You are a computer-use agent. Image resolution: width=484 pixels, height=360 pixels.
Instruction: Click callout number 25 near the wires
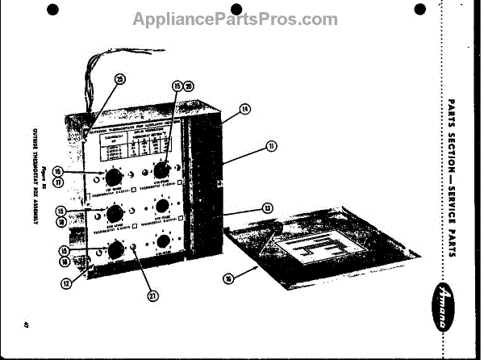[119, 79]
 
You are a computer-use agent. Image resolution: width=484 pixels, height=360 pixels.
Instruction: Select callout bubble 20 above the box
[189, 86]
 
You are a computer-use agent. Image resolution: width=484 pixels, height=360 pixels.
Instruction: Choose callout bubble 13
[265, 208]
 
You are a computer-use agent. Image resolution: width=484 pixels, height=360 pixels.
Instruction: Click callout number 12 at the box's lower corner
[67, 282]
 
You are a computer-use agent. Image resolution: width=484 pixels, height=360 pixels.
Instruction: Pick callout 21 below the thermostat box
[152, 295]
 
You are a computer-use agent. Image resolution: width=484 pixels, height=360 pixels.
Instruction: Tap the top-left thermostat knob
[111, 178]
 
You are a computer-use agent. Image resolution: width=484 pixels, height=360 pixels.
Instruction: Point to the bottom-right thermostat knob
[165, 241]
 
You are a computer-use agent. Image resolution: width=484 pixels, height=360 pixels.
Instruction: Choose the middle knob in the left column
[114, 214]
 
